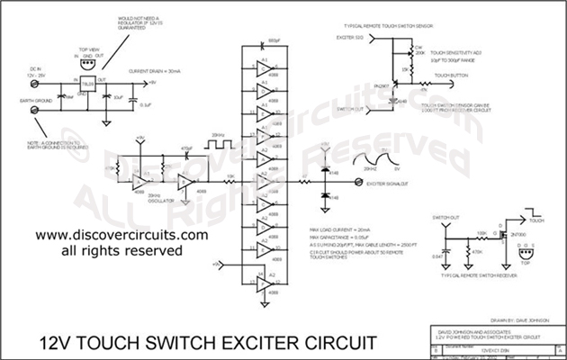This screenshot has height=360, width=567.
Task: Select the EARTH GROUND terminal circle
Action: (36, 109)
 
